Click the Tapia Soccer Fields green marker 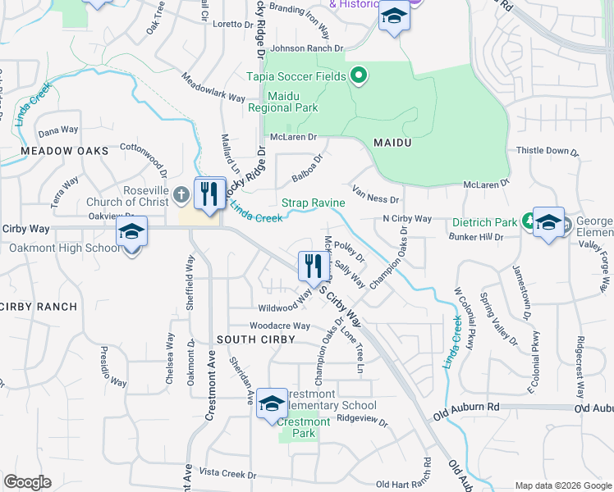coord(358,77)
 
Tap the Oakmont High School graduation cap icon coord(131,233)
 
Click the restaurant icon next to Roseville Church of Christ coord(209,194)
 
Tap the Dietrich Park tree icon coord(529,222)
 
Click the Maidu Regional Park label coord(293,101)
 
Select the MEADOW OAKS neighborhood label coord(65,152)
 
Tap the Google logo coord(27,482)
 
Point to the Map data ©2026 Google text coord(563,485)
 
